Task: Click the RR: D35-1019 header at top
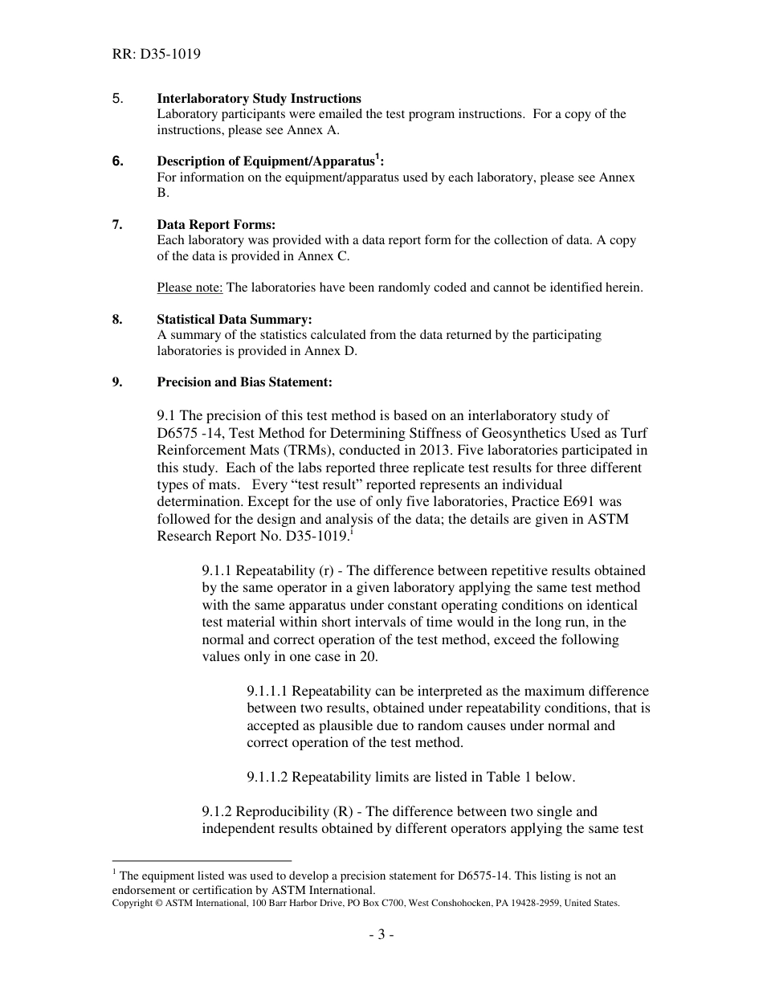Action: pos(157,55)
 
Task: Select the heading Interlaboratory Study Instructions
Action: pos(259,99)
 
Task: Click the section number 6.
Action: pos(118,161)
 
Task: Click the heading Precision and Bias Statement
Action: pos(244,382)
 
